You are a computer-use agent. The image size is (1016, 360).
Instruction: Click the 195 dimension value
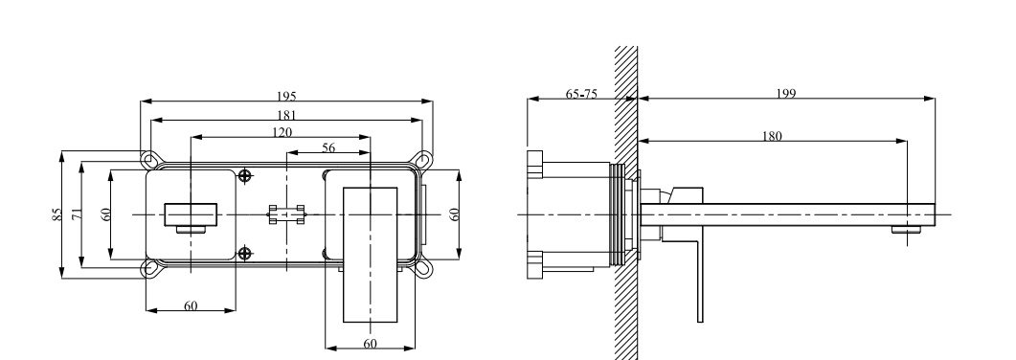pos(286,97)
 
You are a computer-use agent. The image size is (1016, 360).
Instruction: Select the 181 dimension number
pos(286,115)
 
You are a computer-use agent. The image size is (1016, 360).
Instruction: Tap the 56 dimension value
pos(328,147)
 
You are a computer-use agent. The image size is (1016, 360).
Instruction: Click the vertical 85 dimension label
pos(57,214)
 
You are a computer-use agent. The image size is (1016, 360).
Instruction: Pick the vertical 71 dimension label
pos(78,214)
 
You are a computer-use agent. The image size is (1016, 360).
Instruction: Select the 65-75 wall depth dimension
pos(581,94)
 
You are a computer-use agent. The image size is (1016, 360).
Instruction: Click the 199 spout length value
pos(786,94)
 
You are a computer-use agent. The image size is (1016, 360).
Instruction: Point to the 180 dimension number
pos(772,136)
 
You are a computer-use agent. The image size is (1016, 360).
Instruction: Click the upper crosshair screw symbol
pos(244,175)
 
